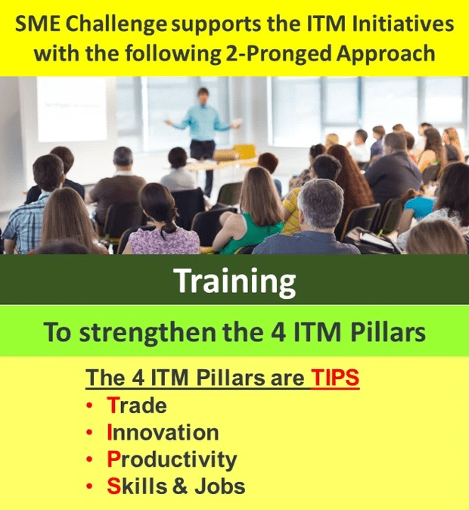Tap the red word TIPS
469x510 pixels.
335,378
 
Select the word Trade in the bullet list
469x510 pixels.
137,406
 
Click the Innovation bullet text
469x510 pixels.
163,432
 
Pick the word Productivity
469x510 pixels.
172,460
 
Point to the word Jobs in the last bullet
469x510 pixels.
220,487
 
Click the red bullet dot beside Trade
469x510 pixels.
89,406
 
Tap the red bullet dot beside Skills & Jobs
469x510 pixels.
89,487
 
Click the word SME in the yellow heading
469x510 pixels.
38,23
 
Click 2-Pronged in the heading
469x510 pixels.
278,54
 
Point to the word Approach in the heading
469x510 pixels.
386,54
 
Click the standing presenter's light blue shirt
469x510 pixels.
202,122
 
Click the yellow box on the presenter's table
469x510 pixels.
244,151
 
